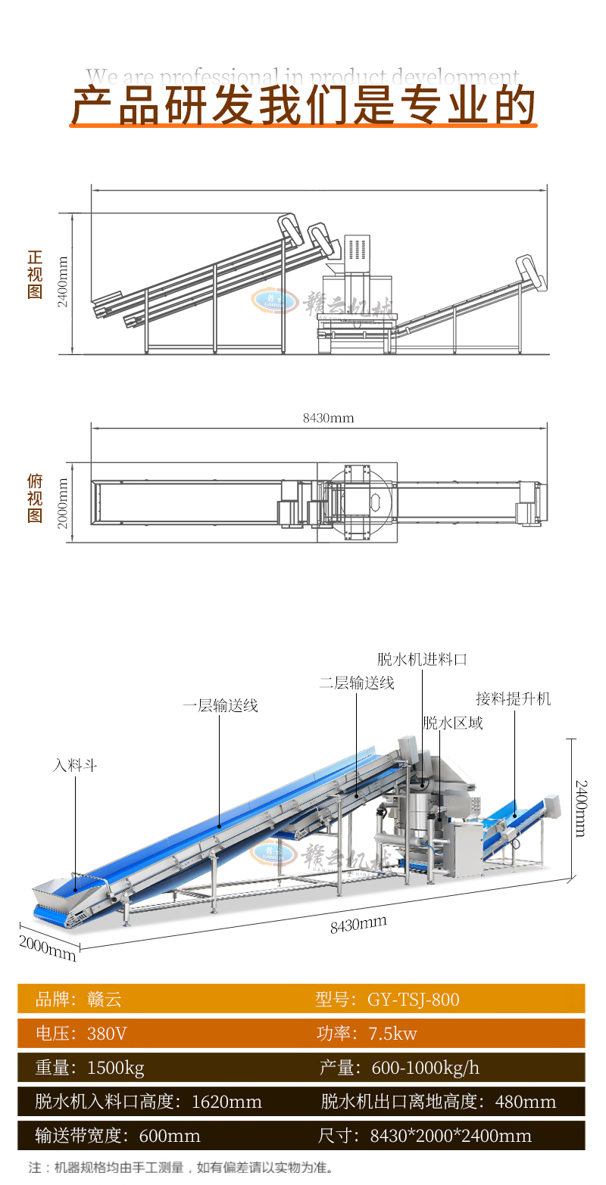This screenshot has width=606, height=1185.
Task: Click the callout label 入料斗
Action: point(75,766)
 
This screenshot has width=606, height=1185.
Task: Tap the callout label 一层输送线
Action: point(220,705)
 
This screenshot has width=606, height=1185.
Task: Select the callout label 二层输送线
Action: point(357,683)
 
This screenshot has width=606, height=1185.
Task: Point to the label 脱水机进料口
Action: point(422,659)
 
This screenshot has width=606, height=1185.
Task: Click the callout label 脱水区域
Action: point(453,723)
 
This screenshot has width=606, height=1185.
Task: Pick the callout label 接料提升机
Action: point(513,698)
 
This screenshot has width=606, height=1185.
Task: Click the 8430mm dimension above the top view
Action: point(328,418)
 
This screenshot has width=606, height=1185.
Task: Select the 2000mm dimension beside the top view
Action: point(63,502)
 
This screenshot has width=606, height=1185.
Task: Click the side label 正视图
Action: point(35,275)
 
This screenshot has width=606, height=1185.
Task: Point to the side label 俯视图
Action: point(35,499)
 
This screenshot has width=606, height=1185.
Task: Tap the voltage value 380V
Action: point(107,1034)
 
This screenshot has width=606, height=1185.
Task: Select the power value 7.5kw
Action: point(392,1034)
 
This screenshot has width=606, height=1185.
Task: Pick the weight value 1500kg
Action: point(115,1068)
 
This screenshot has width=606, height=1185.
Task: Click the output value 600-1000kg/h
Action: point(425,1068)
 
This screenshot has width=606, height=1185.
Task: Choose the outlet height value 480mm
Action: point(525,1102)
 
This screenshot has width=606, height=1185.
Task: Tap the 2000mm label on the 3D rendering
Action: point(47,948)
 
